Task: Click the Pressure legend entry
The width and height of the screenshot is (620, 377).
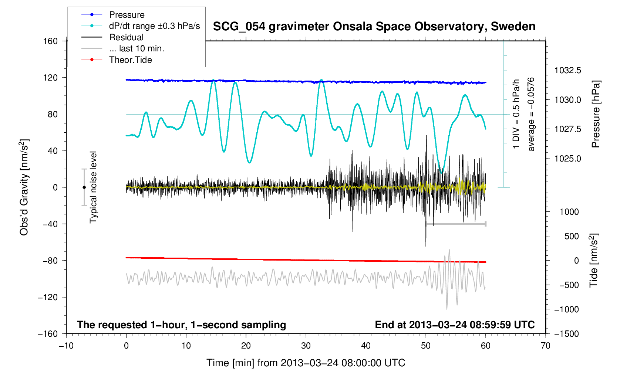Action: pyautogui.click(x=127, y=15)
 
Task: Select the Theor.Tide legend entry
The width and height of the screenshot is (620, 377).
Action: pyautogui.click(x=130, y=60)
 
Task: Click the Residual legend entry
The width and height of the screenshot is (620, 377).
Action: pyautogui.click(x=126, y=37)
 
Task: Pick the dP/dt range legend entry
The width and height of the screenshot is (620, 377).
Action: pyautogui.click(x=154, y=26)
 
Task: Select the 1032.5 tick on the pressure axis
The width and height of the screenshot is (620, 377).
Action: pyautogui.click(x=567, y=70)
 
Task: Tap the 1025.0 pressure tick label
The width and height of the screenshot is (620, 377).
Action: pyautogui.click(x=567, y=159)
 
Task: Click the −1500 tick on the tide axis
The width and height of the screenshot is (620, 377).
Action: pyautogui.click(x=566, y=334)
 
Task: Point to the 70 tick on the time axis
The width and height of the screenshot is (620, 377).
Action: pyautogui.click(x=545, y=346)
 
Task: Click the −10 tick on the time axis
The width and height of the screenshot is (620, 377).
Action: pyautogui.click(x=66, y=346)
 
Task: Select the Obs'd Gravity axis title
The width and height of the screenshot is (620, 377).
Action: pyautogui.click(x=24, y=187)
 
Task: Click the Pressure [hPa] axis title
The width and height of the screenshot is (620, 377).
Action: pyautogui.click(x=595, y=114)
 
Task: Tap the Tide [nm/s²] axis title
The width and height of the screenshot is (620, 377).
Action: pyautogui.click(x=594, y=260)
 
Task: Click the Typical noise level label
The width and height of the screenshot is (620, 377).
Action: pyautogui.click(x=93, y=187)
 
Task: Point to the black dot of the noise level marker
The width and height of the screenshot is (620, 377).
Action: pyautogui.click(x=84, y=187)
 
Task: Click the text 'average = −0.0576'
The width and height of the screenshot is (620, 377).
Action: pyautogui.click(x=531, y=114)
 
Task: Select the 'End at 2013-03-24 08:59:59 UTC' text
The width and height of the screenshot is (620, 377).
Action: pyautogui.click(x=455, y=325)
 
